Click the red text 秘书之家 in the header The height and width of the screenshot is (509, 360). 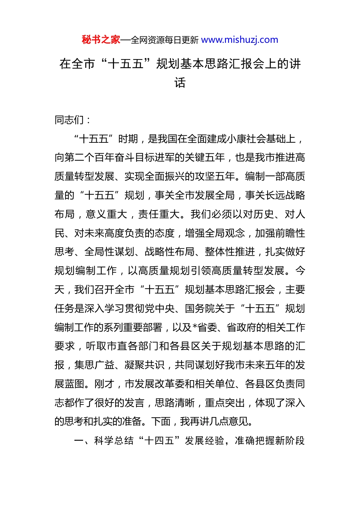(x=101, y=40)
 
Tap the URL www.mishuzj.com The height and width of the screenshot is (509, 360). (x=239, y=40)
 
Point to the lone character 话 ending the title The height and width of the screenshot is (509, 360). (x=180, y=83)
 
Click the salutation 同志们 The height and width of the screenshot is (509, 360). (x=69, y=120)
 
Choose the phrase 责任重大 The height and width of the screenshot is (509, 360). (x=159, y=214)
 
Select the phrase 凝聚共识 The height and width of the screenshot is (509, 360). (x=144, y=365)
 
